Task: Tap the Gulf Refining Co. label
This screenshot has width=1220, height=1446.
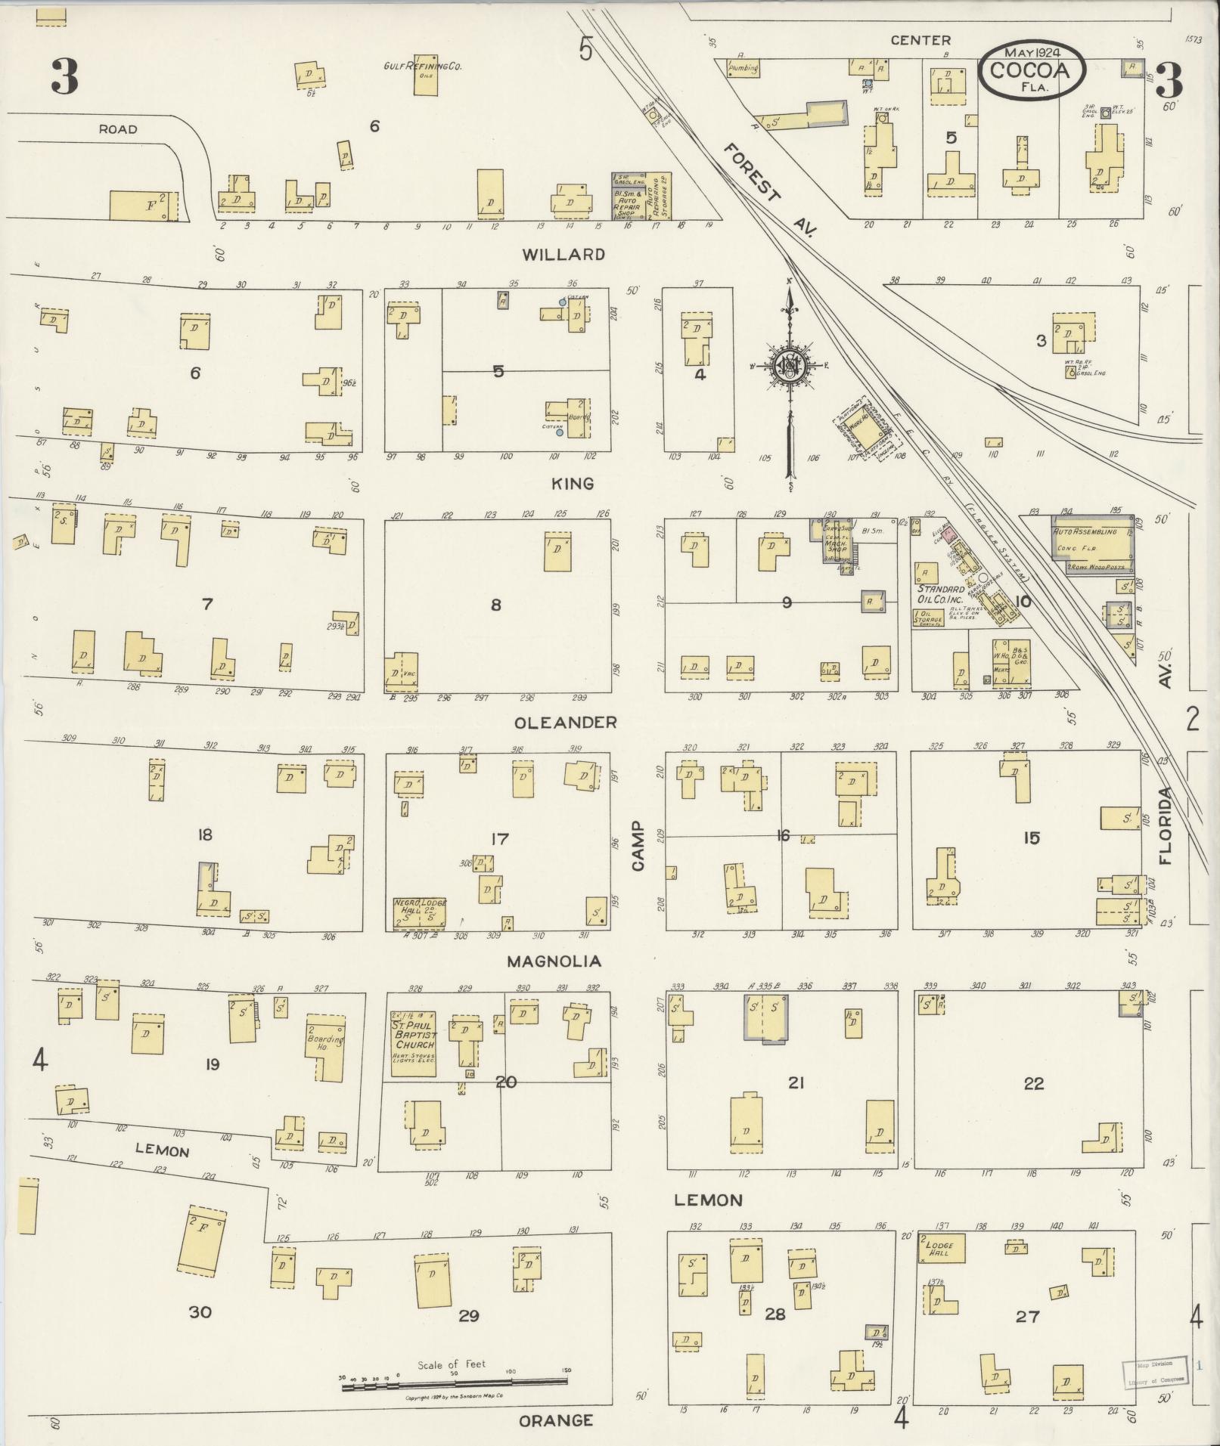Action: point(423,67)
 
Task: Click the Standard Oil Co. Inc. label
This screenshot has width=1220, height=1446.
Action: point(941,594)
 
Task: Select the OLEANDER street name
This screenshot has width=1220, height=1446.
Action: point(566,723)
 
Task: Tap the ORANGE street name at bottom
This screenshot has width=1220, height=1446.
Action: point(556,1421)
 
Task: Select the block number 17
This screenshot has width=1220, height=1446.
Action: point(499,839)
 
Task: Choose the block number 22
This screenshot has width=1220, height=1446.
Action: point(1033,1083)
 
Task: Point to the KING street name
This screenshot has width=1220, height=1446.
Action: point(573,484)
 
